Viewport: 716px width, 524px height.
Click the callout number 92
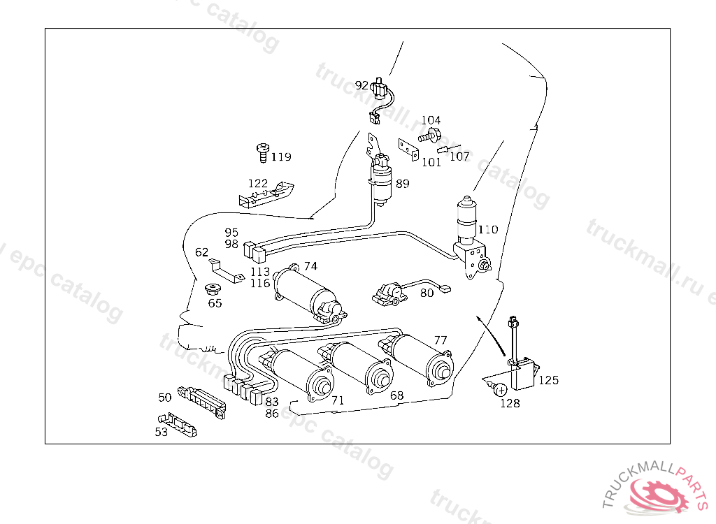(361, 85)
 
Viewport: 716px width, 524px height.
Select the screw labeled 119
(263, 152)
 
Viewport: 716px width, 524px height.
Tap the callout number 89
(403, 184)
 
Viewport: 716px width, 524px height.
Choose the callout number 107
(459, 157)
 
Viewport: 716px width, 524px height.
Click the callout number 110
(488, 229)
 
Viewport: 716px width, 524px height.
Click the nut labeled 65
(211, 289)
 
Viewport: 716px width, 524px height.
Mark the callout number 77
(441, 340)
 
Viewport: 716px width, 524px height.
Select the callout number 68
(397, 395)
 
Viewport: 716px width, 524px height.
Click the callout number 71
(338, 400)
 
